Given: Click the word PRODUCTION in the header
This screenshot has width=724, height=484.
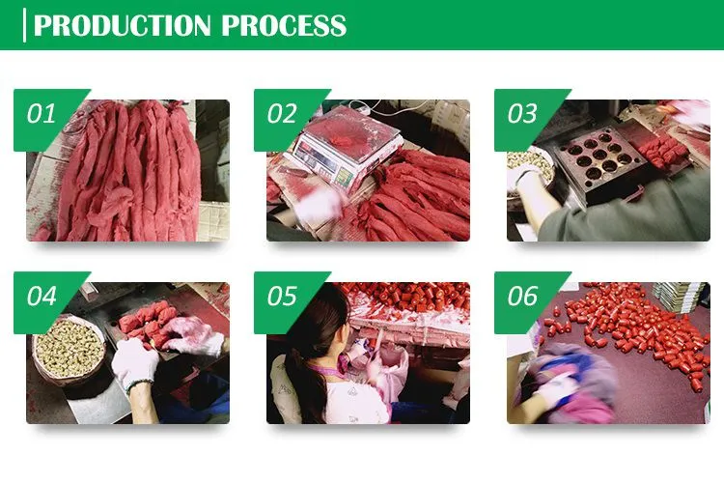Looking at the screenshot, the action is tap(124, 25).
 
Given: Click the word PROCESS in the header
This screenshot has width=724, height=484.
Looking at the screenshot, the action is tap(284, 25).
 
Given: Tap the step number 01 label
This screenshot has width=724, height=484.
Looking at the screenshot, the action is tap(42, 114).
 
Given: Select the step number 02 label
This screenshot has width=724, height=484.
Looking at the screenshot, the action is tap(282, 114).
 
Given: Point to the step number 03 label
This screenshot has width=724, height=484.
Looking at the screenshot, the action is tap(522, 114).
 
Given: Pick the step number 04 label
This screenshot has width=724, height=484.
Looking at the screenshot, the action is tap(42, 297).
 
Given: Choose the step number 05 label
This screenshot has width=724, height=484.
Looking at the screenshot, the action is tap(282, 297).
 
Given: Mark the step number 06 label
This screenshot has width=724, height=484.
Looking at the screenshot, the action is tap(522, 297).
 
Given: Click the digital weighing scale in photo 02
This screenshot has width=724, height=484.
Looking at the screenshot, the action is tap(345, 151).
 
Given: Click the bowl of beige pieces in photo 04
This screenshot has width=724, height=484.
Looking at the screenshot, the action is tap(70, 350).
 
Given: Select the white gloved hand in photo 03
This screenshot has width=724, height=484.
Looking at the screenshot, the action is tap(525, 182).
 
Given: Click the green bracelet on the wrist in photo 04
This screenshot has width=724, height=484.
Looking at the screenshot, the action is tap(139, 384).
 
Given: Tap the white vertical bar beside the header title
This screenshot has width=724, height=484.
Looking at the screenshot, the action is tap(24, 25).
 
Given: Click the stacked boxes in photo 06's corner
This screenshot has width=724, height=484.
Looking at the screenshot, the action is tap(679, 297).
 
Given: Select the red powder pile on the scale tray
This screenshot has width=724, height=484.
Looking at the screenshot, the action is tap(344, 137).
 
